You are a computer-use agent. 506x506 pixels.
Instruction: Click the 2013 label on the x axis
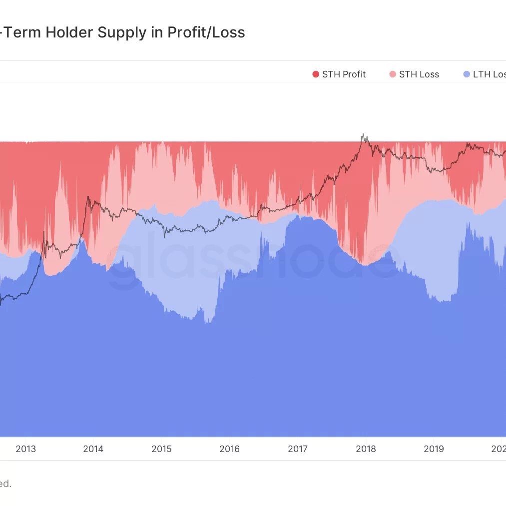[x=25, y=449]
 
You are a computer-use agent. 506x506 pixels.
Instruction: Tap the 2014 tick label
[x=93, y=449]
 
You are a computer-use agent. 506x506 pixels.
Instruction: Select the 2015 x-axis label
[x=161, y=449]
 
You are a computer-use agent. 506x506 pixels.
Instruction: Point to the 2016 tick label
[x=229, y=449]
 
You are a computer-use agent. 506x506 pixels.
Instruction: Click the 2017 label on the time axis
[x=298, y=449]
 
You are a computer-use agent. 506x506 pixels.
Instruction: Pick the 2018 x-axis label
[x=366, y=449]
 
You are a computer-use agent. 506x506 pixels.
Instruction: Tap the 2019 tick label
[x=434, y=449]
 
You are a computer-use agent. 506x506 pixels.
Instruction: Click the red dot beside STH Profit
[x=315, y=74]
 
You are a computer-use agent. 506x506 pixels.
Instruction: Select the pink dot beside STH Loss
[x=392, y=74]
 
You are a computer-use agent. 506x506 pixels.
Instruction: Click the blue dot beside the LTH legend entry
[x=467, y=74]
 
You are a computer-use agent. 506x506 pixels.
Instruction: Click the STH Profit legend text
[x=344, y=74]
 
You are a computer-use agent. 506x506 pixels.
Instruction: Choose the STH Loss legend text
[x=419, y=74]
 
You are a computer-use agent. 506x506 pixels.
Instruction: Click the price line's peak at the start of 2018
[x=363, y=134]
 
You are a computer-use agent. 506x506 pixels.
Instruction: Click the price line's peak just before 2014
[x=88, y=197]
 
